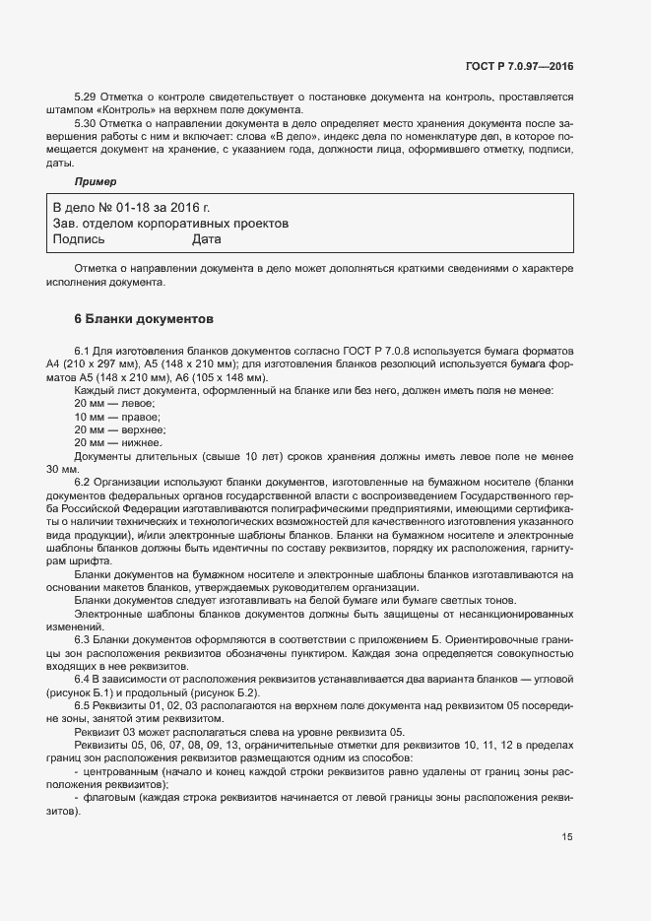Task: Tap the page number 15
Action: click(566, 837)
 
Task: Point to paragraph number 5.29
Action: click(87, 99)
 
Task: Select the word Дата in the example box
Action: click(207, 238)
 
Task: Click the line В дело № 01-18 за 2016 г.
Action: click(131, 208)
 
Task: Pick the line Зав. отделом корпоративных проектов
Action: click(170, 224)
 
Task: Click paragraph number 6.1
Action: click(83, 351)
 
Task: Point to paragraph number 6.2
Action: click(83, 481)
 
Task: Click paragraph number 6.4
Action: click(83, 680)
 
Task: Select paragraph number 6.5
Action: click(83, 706)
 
